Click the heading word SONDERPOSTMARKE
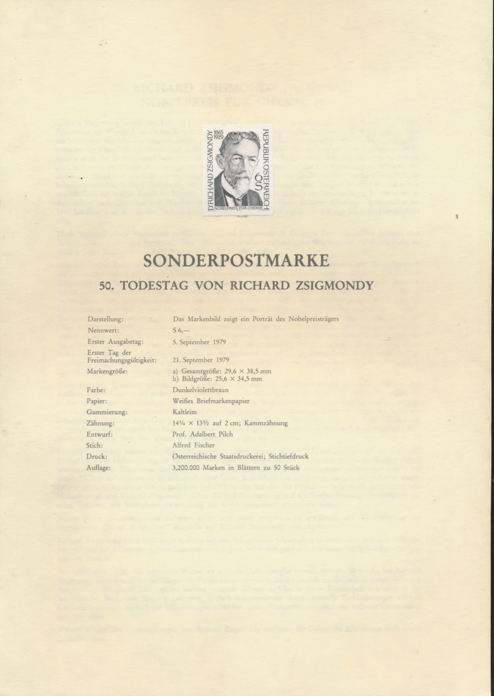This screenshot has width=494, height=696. tap(236, 261)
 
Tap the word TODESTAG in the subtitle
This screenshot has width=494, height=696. tap(155, 285)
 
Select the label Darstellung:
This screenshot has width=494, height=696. tap(105, 319)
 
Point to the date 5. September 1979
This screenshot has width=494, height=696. tap(199, 342)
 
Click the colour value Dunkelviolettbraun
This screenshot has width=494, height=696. tap(201, 390)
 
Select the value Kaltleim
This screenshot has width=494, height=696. tap(184, 412)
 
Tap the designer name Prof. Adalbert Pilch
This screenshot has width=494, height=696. tap(203, 434)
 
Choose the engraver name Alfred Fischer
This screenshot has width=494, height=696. tap(193, 445)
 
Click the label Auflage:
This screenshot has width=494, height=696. tap(99, 468)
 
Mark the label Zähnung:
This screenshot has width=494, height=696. tap(100, 423)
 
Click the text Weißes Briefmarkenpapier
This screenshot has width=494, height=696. tap(211, 401)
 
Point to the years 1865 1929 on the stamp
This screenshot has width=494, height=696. tap(218, 135)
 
